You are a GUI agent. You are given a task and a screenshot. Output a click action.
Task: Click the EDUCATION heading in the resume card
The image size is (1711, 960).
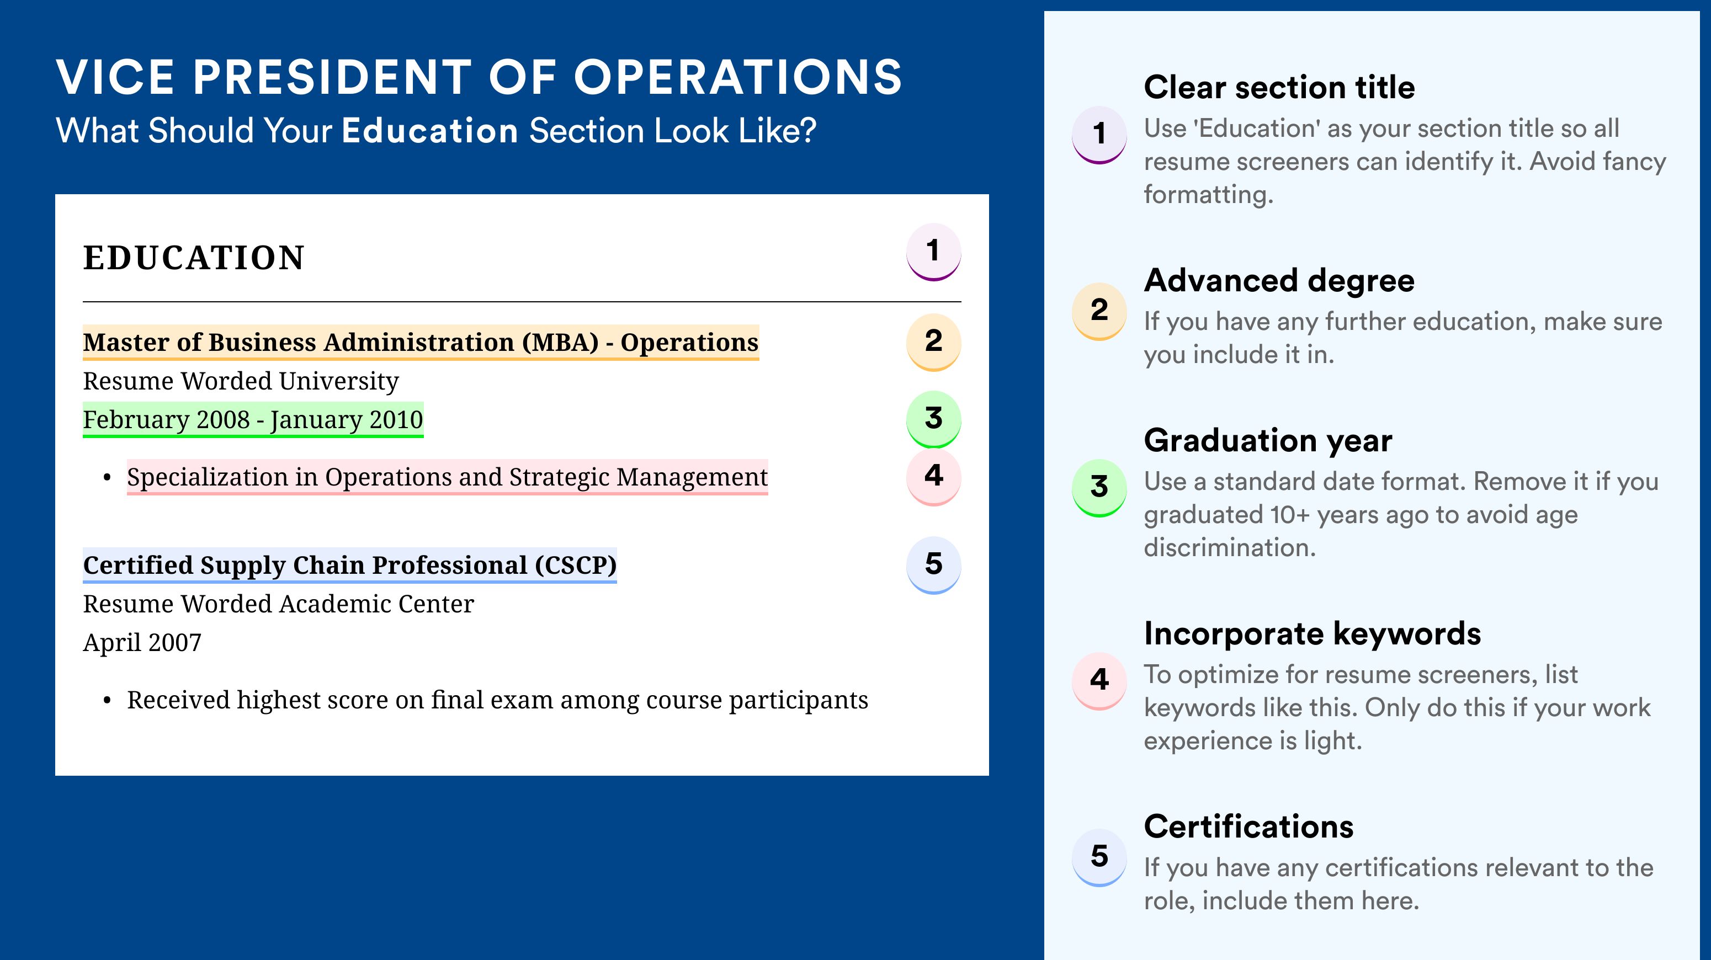click(193, 258)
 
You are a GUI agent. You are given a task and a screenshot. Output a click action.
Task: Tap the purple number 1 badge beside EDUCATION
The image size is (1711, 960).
click(933, 252)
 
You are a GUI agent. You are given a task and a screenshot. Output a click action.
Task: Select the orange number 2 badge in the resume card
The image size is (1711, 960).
click(933, 342)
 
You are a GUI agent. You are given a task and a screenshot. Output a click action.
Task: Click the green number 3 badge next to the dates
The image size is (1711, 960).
click(933, 419)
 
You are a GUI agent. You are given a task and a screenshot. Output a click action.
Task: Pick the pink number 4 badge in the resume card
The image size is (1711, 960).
click(933, 477)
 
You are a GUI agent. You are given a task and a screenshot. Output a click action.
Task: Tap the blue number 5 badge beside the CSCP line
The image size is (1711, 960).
click(933, 565)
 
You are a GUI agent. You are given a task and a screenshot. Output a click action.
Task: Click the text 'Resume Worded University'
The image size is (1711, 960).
click(241, 381)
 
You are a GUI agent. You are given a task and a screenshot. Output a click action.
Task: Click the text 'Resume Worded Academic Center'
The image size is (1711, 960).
click(278, 604)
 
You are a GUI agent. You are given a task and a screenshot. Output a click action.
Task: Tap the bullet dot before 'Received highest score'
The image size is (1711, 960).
click(107, 701)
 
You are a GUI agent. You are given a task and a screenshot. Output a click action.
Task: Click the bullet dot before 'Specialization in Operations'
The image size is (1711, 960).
click(107, 478)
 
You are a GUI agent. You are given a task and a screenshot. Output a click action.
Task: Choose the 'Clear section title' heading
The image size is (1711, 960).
click(1279, 87)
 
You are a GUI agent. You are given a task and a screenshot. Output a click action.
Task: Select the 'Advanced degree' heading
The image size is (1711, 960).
click(1279, 281)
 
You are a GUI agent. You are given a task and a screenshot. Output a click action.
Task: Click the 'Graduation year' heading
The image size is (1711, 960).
click(1268, 440)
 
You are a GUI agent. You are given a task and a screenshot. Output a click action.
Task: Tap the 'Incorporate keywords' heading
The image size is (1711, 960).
click(1313, 633)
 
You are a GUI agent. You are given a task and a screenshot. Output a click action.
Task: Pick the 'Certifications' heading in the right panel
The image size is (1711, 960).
click(1248, 826)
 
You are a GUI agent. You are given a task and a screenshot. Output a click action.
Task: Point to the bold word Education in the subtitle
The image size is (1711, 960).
click(430, 130)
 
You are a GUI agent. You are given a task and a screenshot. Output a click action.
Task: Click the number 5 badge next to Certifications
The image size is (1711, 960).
click(1099, 857)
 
